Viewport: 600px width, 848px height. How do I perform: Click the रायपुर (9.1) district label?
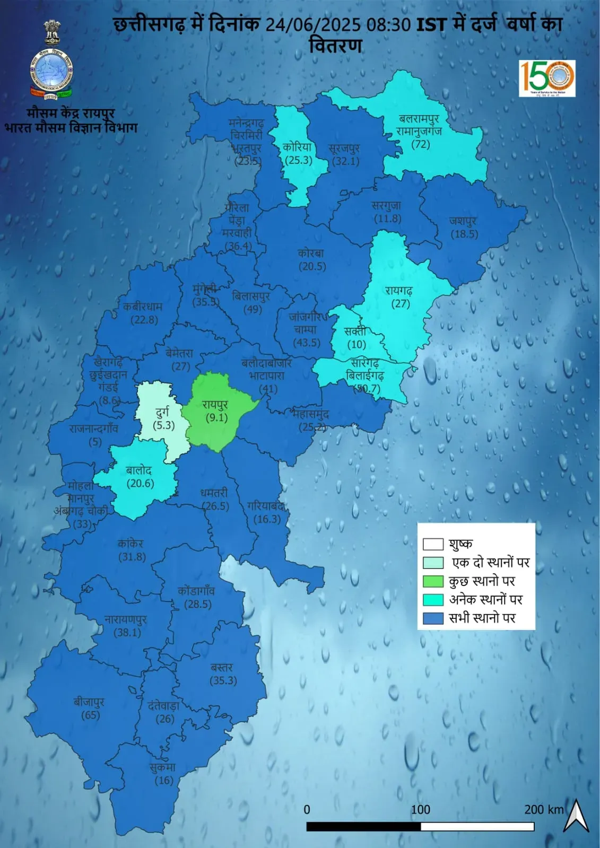[x=215, y=411]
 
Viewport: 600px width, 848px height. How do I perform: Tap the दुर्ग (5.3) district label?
[x=163, y=418]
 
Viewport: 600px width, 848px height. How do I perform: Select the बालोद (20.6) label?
[x=140, y=476]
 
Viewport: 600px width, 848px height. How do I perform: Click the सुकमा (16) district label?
[x=163, y=774]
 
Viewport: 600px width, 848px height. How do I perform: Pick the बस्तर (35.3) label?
[x=223, y=674]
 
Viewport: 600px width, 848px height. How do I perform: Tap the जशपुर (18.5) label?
[x=464, y=227]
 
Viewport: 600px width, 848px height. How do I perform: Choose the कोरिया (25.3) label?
[x=298, y=153]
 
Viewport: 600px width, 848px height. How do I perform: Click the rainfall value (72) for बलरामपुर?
[x=421, y=144]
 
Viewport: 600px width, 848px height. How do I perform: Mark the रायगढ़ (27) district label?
[x=400, y=297]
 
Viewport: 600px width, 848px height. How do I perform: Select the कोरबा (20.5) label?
[x=311, y=260]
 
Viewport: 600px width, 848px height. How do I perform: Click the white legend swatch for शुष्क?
[x=433, y=545]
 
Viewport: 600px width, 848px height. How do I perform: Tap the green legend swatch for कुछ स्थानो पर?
[x=433, y=581]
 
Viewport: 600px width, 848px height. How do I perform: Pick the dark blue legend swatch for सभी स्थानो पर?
[x=433, y=618]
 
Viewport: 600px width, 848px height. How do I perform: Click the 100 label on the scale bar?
[x=421, y=810]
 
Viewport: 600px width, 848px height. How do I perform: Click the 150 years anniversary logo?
[x=547, y=78]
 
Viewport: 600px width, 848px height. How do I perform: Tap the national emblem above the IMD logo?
[x=52, y=33]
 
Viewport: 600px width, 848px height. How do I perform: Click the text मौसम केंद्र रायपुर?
[x=71, y=113]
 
